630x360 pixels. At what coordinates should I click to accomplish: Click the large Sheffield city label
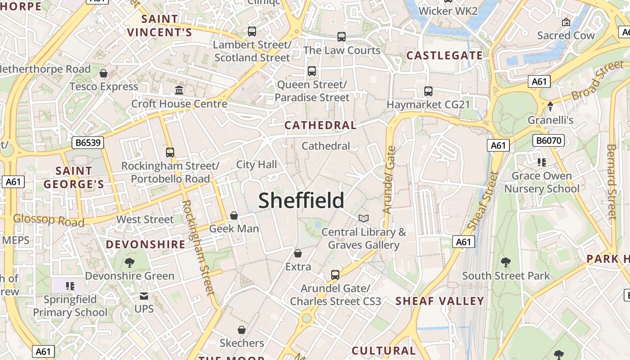tap(301, 201)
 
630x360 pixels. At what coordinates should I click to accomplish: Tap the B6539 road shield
tap(88, 143)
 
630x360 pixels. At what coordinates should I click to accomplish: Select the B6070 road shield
tap(549, 140)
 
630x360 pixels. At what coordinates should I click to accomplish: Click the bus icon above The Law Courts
tap(342, 37)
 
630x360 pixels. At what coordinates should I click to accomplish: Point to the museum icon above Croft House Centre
tap(179, 90)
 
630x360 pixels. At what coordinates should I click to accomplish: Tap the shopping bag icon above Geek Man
tap(234, 216)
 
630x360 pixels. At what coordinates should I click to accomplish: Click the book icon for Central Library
tap(364, 218)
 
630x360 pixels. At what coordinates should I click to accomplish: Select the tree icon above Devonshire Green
tap(130, 262)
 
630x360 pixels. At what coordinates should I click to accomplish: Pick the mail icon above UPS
tap(144, 296)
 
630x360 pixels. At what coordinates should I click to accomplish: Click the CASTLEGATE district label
tap(445, 56)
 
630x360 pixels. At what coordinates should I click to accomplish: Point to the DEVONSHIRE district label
tap(145, 244)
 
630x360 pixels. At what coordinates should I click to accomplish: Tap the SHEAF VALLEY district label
tap(440, 301)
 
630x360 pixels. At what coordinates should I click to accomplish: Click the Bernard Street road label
tap(611, 182)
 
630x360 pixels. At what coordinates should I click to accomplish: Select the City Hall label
tap(256, 165)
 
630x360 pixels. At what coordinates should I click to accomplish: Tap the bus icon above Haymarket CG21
tap(428, 91)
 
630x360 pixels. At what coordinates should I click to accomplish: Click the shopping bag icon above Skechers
tap(242, 330)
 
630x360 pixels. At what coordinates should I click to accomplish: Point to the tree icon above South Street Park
tap(506, 262)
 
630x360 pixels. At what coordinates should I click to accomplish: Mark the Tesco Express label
tap(103, 86)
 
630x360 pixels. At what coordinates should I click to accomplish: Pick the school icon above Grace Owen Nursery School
tap(541, 162)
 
